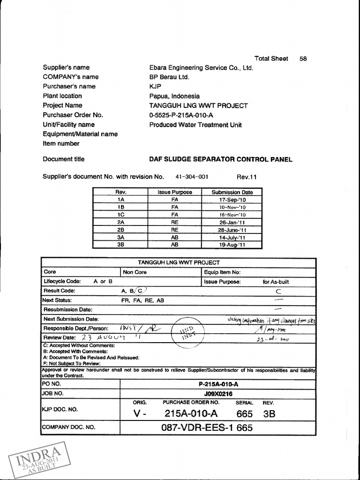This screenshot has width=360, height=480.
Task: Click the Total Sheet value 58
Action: [303, 59]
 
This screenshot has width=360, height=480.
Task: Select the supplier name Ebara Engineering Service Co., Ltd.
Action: [201, 67]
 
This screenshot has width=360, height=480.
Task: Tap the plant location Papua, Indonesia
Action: [174, 96]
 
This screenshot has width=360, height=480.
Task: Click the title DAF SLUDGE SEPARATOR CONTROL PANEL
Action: [220, 159]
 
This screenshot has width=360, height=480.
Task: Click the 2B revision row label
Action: [121, 230]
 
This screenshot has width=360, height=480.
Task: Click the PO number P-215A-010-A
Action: [218, 384]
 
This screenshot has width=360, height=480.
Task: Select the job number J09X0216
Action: [218, 394]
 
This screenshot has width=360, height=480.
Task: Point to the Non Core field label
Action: [135, 272]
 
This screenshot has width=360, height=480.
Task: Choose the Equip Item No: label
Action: [222, 272]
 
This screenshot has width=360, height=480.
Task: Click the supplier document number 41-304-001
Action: [192, 177]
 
